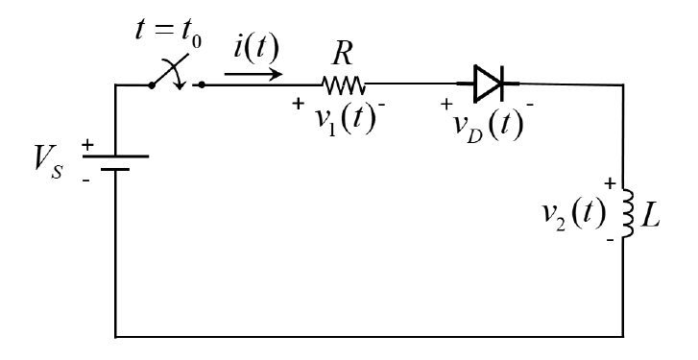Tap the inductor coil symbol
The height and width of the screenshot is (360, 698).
click(x=629, y=213)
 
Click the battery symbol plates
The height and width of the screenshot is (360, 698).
click(x=115, y=163)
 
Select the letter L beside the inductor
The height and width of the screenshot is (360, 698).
click(x=659, y=212)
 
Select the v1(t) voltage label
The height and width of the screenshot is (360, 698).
click(x=338, y=123)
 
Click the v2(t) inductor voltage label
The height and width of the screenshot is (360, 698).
click(x=570, y=212)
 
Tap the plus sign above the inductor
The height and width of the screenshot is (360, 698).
click(x=607, y=181)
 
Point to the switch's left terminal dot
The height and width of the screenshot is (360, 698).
click(x=152, y=84)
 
